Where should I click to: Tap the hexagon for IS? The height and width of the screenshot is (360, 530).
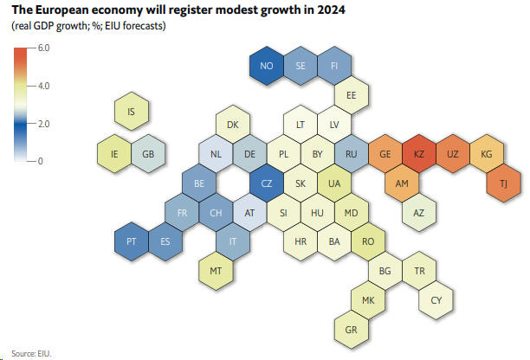pyautogui.click(x=132, y=112)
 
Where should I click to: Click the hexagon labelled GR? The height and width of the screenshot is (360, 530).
pyautogui.click(x=352, y=329)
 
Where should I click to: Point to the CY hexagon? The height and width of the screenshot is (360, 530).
pyautogui.click(x=436, y=300)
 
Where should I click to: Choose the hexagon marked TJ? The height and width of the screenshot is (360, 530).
pyautogui.click(x=503, y=183)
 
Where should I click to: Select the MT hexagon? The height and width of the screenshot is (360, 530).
pyautogui.click(x=217, y=271)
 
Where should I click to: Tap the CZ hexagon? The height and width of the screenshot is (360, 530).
pyautogui.click(x=267, y=183)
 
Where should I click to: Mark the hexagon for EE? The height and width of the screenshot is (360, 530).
pyautogui.click(x=352, y=95)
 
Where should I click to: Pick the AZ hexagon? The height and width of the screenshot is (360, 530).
pyautogui.click(x=418, y=212)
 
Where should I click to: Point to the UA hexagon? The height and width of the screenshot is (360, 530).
pyautogui.click(x=334, y=183)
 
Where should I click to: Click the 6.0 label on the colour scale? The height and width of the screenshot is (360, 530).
pyautogui.click(x=43, y=49)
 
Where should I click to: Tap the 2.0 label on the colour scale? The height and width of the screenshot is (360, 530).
pyautogui.click(x=43, y=124)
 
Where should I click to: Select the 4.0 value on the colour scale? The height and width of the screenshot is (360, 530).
pyautogui.click(x=43, y=86)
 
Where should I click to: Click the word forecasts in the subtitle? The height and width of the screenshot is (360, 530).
pyautogui.click(x=142, y=27)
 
